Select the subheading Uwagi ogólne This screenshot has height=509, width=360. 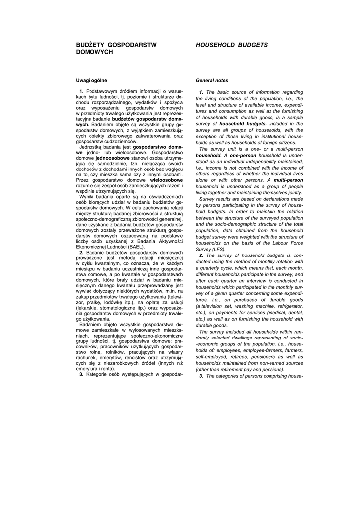pyautogui.click(x=91, y=80)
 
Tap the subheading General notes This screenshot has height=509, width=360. pyautogui.click(x=212, y=80)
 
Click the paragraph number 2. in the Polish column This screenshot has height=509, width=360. pyautogui.click(x=81, y=253)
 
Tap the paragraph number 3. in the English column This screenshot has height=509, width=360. pyautogui.click(x=201, y=376)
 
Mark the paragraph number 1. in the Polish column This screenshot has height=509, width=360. pyautogui.click(x=81, y=92)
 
